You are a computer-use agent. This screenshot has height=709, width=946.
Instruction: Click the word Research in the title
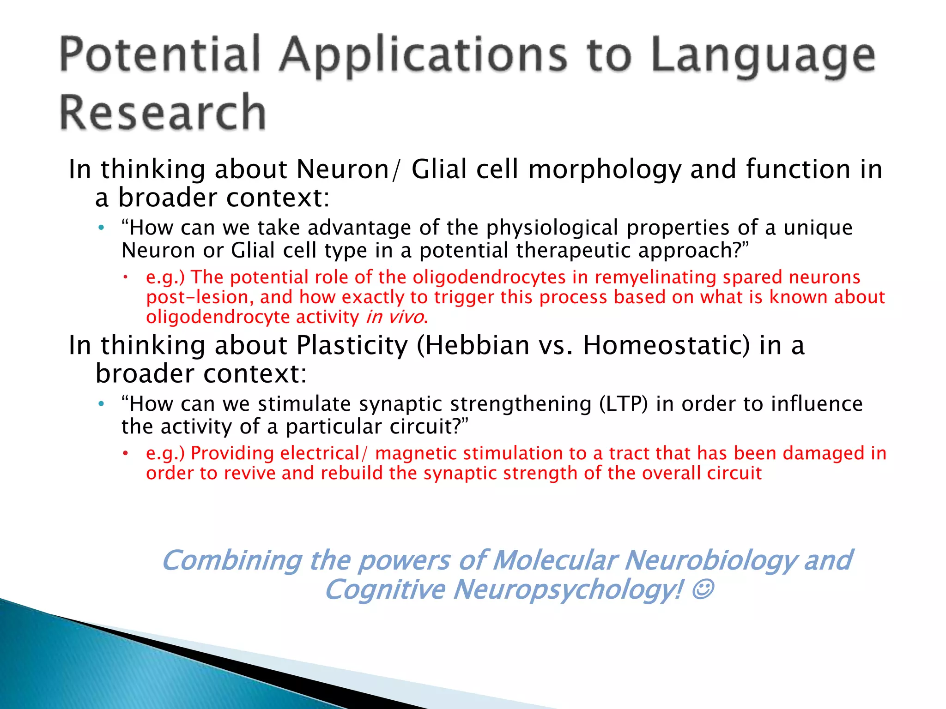click(x=163, y=112)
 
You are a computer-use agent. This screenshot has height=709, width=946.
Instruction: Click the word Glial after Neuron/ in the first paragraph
click(x=440, y=169)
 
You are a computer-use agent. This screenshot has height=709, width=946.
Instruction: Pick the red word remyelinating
click(x=655, y=277)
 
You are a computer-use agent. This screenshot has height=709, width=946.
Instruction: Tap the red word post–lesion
click(x=200, y=297)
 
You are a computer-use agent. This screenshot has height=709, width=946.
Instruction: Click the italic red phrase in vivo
click(x=395, y=317)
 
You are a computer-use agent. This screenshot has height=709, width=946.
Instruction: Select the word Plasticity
click(x=352, y=345)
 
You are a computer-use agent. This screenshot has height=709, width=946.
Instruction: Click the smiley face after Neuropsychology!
click(x=703, y=589)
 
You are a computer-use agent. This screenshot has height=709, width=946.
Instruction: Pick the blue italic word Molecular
click(x=554, y=561)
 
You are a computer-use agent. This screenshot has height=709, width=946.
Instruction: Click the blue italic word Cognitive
click(x=385, y=590)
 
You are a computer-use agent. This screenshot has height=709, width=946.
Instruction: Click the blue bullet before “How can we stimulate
click(x=101, y=404)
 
